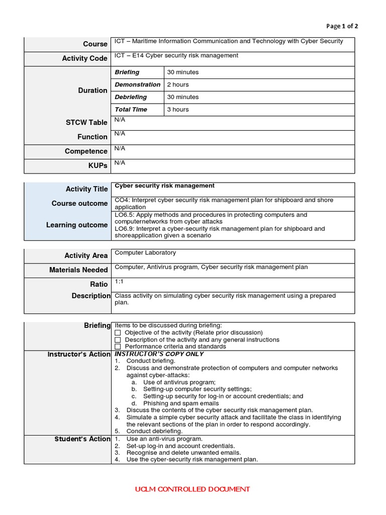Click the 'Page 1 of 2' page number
coord(342,26)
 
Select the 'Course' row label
coord(95,44)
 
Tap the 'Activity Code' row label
coord(84,58)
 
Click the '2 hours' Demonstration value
coord(178,84)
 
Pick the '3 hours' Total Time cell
coord(178,109)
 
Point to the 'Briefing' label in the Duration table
coord(127,72)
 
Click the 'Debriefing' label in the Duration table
coord(131,97)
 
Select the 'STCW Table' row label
coord(86,122)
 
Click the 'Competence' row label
coord(86,151)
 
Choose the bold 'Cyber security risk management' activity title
coord(165,186)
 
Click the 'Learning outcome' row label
coord(77,225)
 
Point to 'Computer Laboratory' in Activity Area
coord(145,252)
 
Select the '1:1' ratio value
coord(119,281)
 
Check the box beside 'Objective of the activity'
coord(118,333)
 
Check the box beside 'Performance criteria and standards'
coord(118,347)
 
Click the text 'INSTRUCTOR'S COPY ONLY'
coord(159,354)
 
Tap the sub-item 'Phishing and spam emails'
coord(181,403)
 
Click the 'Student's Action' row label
coord(82,439)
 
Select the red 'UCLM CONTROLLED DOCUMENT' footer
coord(192,489)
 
